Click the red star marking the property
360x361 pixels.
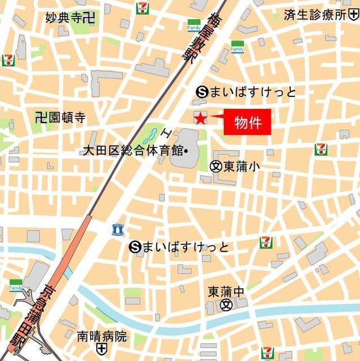click(200, 118)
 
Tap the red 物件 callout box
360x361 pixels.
click(247, 122)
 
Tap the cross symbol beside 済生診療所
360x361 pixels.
click(355, 15)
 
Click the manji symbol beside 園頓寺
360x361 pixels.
click(39, 117)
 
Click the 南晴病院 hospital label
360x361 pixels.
click(102, 337)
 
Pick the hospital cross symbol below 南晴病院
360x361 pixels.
click(101, 350)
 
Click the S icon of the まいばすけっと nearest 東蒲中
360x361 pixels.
click(134, 246)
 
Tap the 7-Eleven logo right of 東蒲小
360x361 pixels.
click(321, 149)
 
